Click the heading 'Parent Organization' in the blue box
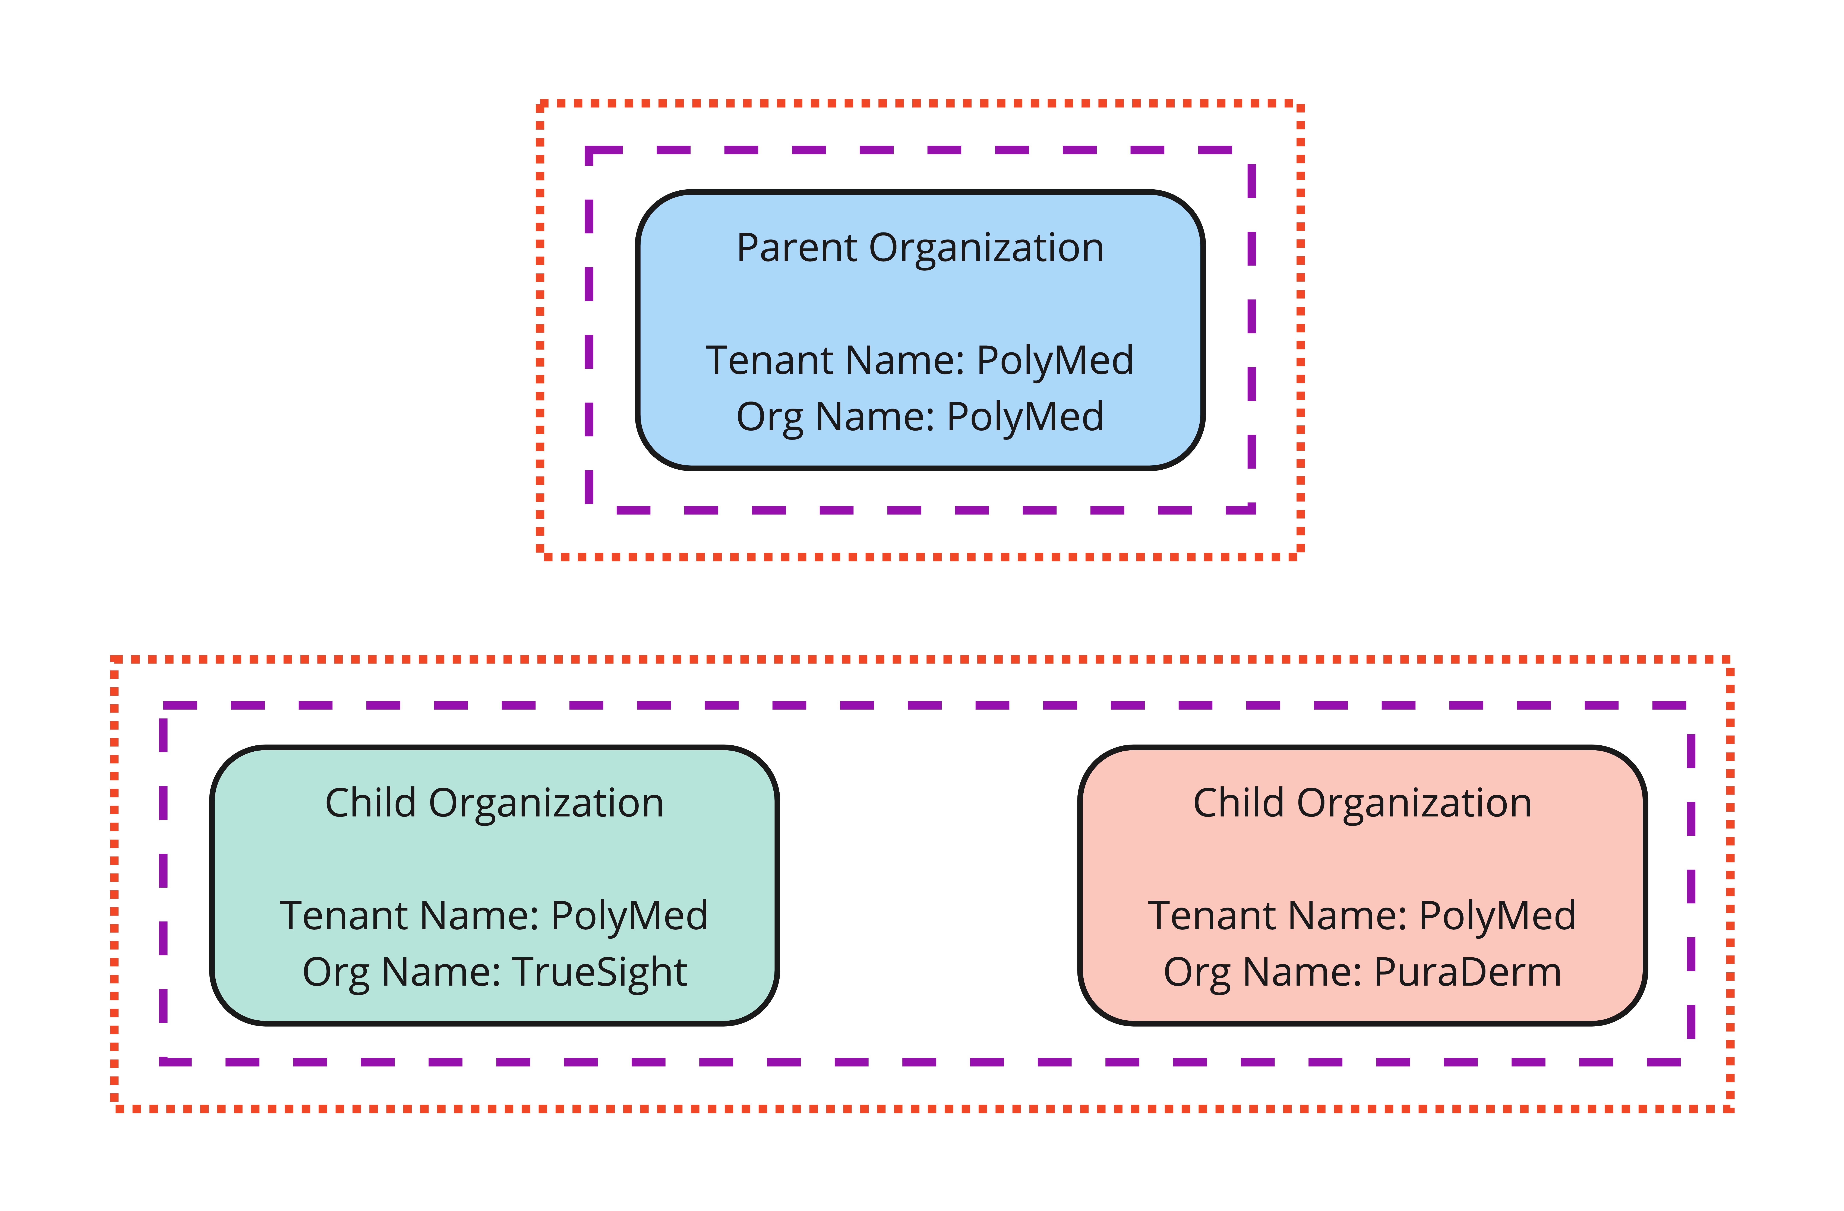click(x=920, y=249)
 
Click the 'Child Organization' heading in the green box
click(x=494, y=803)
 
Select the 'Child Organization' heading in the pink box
click(x=1362, y=803)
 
